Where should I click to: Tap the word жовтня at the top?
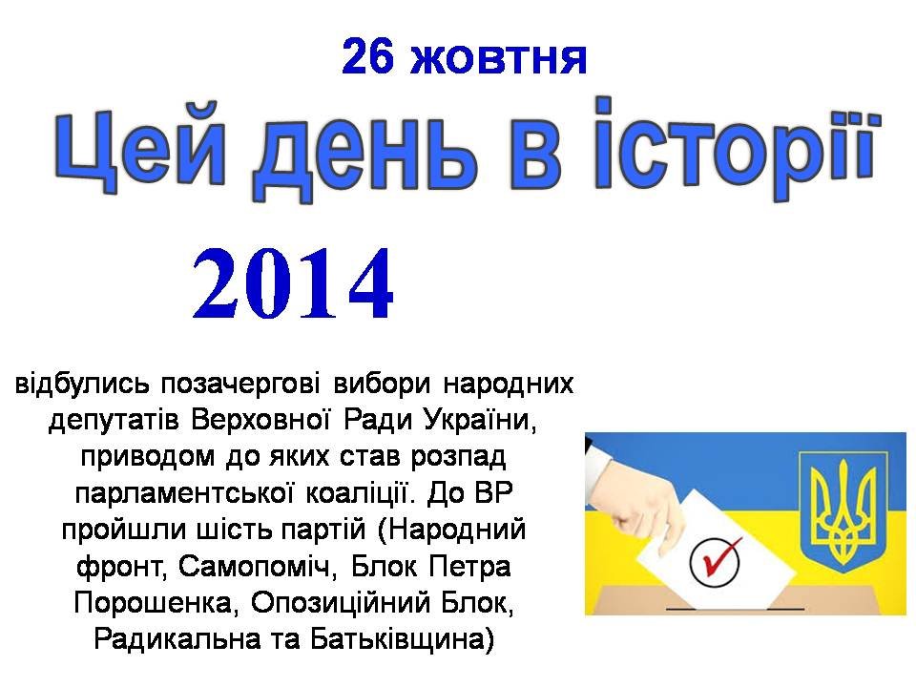tap(498, 59)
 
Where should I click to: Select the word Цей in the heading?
tap(139, 148)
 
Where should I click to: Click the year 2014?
tap(293, 284)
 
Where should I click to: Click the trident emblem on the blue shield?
tap(843, 510)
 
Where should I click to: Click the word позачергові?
tap(240, 385)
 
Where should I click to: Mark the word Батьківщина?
tap(402, 639)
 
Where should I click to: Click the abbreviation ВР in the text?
tap(494, 493)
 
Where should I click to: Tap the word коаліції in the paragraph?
tap(360, 493)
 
